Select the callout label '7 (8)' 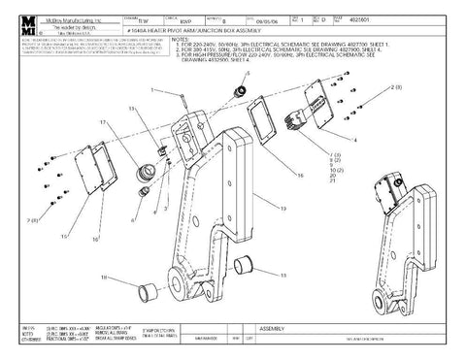tap(338, 155)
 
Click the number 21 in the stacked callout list tap(336, 187)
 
